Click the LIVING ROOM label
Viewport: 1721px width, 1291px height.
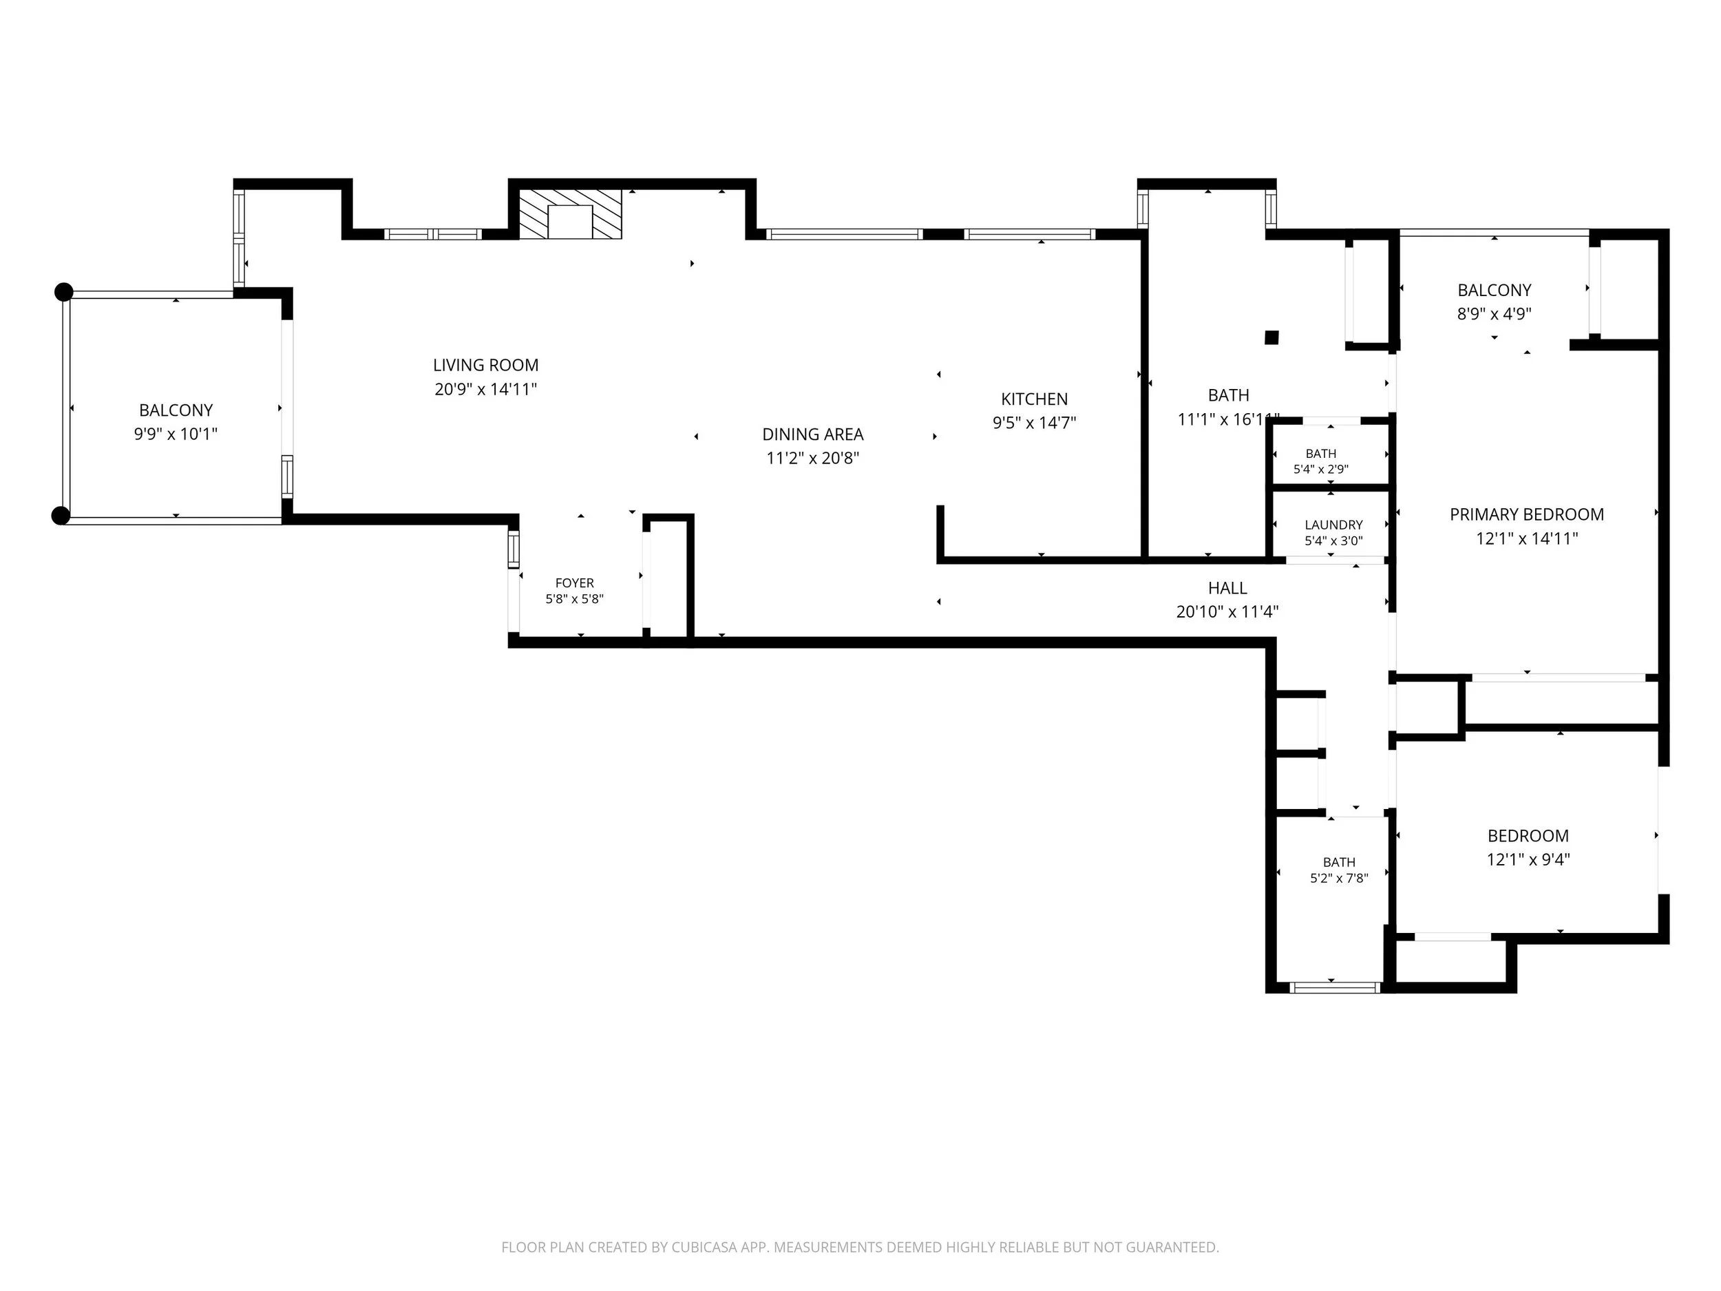coord(485,365)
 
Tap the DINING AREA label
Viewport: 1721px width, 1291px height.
coord(812,434)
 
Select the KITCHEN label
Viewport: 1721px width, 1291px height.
coord(1034,399)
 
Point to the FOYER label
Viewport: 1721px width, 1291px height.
coord(574,583)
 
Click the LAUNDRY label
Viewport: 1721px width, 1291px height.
coord(1333,525)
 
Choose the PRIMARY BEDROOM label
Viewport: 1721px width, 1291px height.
coord(1526,514)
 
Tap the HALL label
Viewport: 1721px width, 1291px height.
coord(1227,588)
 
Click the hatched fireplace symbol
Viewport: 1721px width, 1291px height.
coord(570,213)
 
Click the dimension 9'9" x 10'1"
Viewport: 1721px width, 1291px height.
coord(176,434)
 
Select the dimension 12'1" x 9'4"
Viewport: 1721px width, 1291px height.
coord(1528,860)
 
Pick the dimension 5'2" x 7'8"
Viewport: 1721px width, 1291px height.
coord(1339,879)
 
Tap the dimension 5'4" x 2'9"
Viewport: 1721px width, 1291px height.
coord(1320,470)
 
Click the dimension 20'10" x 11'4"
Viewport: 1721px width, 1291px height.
coord(1227,612)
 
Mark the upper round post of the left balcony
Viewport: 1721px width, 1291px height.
coord(64,292)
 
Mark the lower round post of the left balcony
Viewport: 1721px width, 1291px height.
coord(61,515)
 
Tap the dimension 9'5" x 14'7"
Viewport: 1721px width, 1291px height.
coord(1034,423)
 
